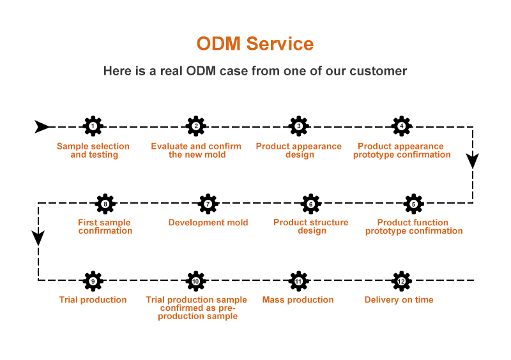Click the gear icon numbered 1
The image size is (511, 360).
coord(93,126)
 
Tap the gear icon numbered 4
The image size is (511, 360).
coord(401,126)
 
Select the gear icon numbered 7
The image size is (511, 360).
coord(208,204)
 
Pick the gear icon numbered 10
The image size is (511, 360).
coord(196,281)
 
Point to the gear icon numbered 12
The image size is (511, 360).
coord(401,281)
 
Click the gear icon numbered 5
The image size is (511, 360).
coord(413,204)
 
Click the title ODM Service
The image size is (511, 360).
coord(255,43)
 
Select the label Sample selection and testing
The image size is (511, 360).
coord(93,151)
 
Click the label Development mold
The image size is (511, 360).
coord(208,223)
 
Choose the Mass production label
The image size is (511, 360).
coord(298,300)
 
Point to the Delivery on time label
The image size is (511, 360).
coord(399,300)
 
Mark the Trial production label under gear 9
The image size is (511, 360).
coord(93,300)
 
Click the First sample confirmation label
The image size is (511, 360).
coord(105,227)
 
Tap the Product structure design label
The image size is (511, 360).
coord(311,227)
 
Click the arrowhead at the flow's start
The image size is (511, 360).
coord(42,126)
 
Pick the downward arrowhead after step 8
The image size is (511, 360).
coord(38,237)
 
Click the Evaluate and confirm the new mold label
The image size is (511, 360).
coord(196,151)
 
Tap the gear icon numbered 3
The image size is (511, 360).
coord(298,126)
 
